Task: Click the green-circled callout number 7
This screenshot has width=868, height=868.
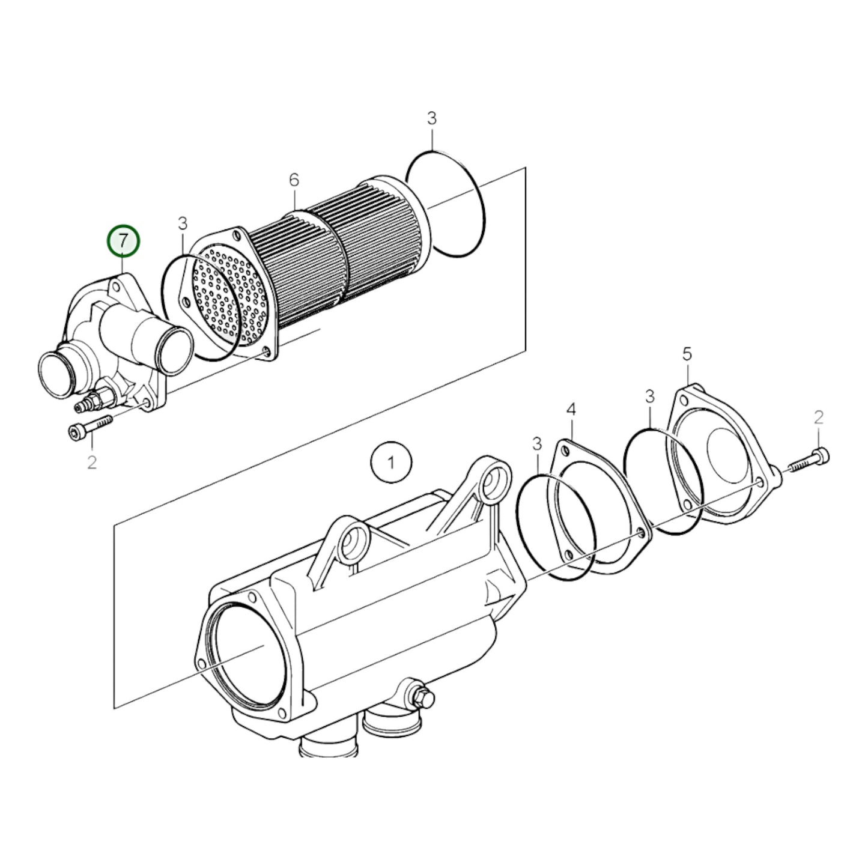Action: [x=123, y=241]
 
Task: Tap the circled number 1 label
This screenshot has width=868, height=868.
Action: [x=391, y=463]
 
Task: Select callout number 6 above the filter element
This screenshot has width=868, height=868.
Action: [x=293, y=180]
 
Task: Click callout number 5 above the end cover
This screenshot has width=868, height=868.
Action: [x=687, y=354]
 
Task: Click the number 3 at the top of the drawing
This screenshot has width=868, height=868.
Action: [x=432, y=118]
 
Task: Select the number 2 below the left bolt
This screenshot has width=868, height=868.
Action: [x=91, y=463]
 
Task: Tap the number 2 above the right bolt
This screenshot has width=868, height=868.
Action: [x=818, y=417]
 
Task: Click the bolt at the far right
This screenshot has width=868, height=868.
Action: [x=809, y=461]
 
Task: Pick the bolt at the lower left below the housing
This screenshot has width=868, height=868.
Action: [x=90, y=428]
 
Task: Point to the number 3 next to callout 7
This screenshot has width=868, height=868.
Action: [x=183, y=224]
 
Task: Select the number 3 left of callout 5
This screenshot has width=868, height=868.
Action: [x=649, y=396]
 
